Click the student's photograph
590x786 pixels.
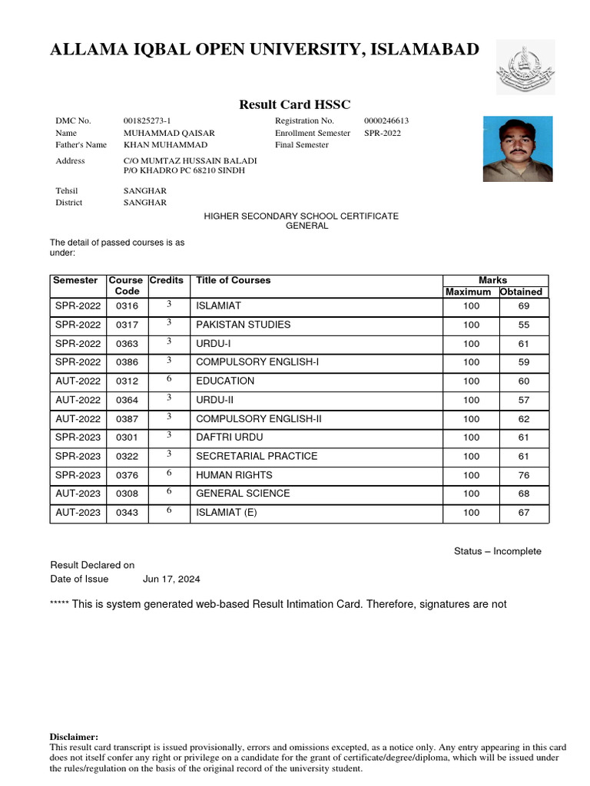[x=517, y=149]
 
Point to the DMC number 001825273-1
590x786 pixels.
[x=147, y=121]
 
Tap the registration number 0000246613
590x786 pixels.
[x=386, y=121]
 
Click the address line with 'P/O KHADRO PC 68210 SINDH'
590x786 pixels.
[x=184, y=170]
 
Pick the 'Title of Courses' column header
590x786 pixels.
[x=234, y=281]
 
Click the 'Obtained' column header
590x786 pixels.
[x=522, y=292]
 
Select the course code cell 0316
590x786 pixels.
[x=127, y=306]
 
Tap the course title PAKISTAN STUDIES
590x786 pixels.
[x=243, y=325]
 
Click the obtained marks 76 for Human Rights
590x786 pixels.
[x=523, y=475]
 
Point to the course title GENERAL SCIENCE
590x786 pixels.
[x=243, y=494]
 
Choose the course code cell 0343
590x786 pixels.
[x=127, y=513]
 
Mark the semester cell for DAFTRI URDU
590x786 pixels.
[x=78, y=438]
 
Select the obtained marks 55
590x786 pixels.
[x=523, y=325]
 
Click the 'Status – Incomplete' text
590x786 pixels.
[x=497, y=551]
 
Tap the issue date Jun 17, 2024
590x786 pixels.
[x=171, y=580]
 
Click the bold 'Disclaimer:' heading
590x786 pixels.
[x=74, y=737]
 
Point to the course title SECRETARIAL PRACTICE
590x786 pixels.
[x=257, y=456]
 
